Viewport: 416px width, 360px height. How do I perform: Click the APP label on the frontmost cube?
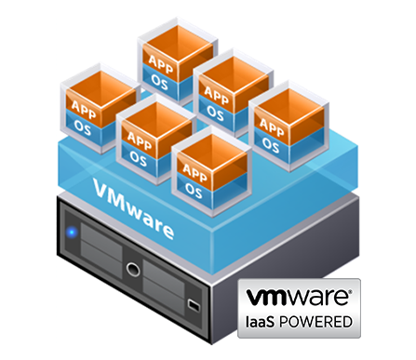tap(195, 171)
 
